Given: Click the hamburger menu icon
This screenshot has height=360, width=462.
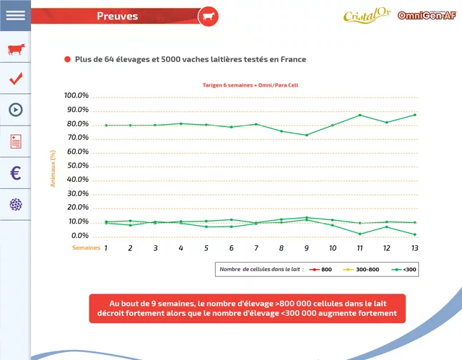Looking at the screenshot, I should click(15, 15).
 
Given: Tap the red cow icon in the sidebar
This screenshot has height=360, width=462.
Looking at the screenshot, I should click(15, 49).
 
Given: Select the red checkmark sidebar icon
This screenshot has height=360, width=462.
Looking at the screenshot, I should click(15, 79).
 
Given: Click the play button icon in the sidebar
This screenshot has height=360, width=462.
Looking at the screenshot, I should click(15, 110).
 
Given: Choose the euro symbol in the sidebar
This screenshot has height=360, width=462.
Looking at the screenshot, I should click(15, 173).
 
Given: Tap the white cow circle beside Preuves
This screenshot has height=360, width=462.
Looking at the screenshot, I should click(208, 16).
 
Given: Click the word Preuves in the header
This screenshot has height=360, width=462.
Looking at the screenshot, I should click(117, 16).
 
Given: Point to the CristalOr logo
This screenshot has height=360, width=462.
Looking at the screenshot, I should click(366, 16).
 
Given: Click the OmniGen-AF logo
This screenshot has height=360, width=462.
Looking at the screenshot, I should click(427, 16).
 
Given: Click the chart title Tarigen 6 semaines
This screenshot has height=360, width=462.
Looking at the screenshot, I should click(250, 85).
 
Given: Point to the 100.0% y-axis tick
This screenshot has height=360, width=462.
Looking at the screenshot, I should click(76, 95).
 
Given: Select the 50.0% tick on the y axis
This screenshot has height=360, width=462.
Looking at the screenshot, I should click(77, 166).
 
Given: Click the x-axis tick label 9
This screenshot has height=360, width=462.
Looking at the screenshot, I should click(307, 247).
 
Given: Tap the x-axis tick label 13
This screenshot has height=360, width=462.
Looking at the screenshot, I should click(414, 247).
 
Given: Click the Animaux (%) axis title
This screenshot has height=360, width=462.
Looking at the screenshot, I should click(53, 169).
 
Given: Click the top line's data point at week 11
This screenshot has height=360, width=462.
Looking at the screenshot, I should click(359, 115).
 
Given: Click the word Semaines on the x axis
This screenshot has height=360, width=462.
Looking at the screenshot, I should click(85, 247).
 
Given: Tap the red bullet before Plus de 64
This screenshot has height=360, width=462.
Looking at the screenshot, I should click(67, 60).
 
